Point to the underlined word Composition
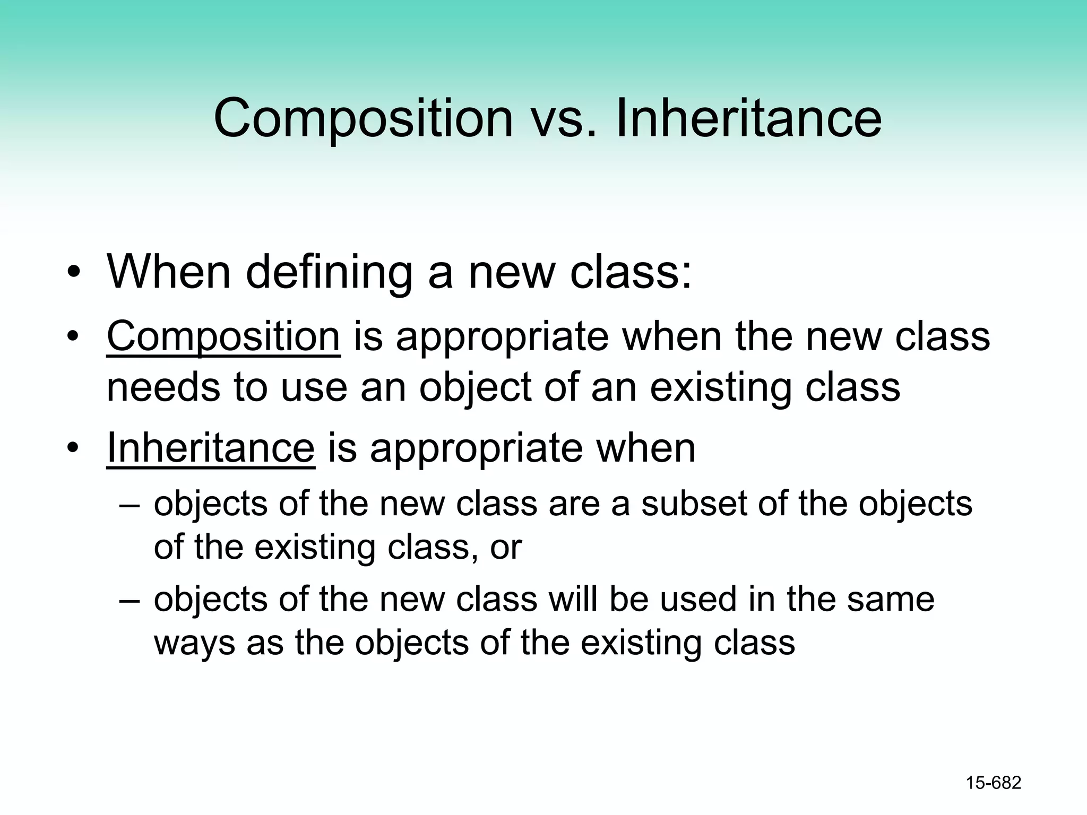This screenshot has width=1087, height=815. click(x=223, y=337)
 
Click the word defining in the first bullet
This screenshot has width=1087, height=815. click(x=329, y=272)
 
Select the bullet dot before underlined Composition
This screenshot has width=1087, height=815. click(x=74, y=337)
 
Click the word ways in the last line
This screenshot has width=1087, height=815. click(x=194, y=643)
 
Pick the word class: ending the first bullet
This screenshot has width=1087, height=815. click(x=631, y=272)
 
